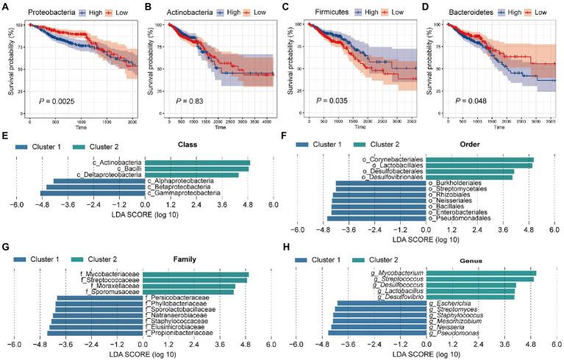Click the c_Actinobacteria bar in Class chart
pyautogui.click(x=197, y=162)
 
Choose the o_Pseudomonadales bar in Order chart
pyautogui.click(x=376, y=218)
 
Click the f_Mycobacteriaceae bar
pyautogui.click(x=196, y=274)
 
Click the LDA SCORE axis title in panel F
pyautogui.click(x=425, y=240)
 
